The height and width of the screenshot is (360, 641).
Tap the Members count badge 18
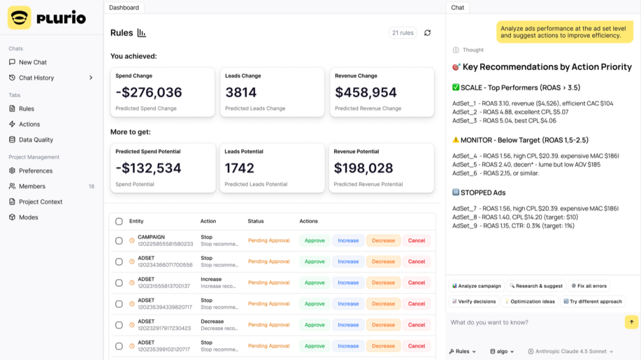(x=91, y=187)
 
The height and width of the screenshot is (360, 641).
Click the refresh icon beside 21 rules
(x=428, y=33)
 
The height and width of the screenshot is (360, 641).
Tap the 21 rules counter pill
(x=403, y=33)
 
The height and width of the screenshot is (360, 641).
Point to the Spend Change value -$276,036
(x=149, y=93)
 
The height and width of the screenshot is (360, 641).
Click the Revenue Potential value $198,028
(x=364, y=168)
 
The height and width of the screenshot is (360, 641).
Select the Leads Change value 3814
(x=241, y=93)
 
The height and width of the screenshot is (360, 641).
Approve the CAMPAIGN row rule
(x=315, y=240)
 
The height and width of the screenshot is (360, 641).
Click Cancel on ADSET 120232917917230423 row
(x=416, y=325)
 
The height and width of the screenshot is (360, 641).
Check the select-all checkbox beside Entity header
(x=119, y=221)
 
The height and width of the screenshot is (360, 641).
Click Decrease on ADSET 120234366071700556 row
(x=384, y=262)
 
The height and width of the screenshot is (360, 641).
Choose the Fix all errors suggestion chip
(x=589, y=286)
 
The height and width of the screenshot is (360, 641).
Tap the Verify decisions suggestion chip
(x=474, y=302)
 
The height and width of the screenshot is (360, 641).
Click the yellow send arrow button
(x=632, y=322)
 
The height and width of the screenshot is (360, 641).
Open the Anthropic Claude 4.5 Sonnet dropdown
(x=571, y=351)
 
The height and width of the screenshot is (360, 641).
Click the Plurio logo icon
(x=19, y=18)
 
